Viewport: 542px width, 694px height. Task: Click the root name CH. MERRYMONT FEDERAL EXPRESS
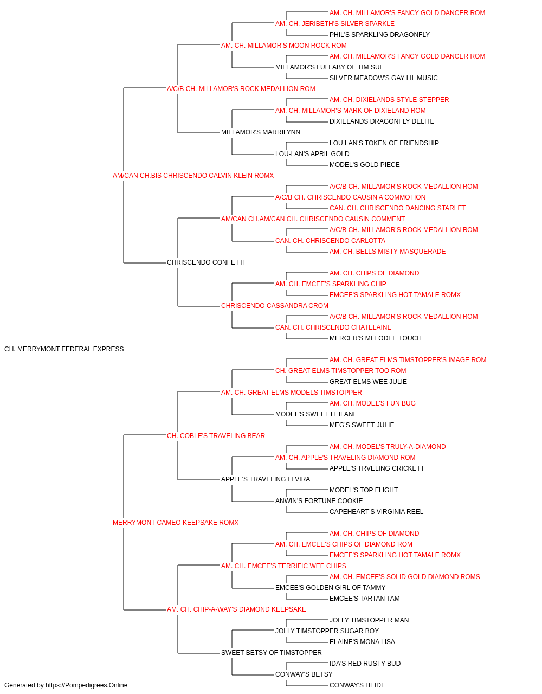pos(64,349)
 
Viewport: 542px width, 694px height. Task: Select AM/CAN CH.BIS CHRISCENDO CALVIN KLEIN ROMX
pos(193,176)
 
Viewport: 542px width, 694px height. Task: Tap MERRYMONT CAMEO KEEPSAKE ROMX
pos(176,523)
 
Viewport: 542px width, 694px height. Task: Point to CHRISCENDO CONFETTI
pos(206,262)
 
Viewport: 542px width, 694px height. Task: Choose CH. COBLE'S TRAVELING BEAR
pos(216,436)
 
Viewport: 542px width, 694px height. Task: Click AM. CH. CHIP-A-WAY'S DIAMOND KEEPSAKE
pos(236,609)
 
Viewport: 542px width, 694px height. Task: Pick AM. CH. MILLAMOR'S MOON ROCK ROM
pos(284,46)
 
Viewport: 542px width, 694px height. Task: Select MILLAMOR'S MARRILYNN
pos(261,132)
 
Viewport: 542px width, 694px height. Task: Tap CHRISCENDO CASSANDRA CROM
pos(274,306)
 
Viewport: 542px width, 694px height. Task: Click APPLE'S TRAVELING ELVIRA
pos(266,479)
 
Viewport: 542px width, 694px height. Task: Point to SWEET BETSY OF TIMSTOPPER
pos(272,653)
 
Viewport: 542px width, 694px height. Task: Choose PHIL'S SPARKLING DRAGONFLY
pos(379,35)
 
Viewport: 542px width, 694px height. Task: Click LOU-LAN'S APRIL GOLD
pos(312,154)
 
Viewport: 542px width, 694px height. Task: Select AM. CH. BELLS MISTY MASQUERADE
pos(388,252)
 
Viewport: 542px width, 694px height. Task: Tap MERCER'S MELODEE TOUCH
pos(376,338)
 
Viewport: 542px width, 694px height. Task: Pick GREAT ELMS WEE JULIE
pos(368,382)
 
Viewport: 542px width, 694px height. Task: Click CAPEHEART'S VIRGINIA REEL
pos(376,512)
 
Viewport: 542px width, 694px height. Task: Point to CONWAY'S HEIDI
pos(356,685)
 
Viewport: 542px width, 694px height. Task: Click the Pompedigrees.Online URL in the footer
pos(86,685)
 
